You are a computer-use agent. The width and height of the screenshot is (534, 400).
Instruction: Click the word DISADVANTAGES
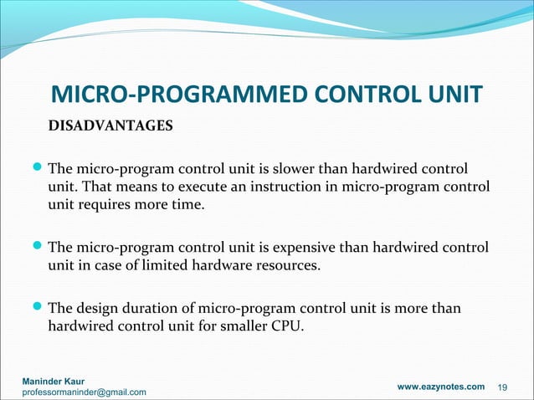click(x=110, y=126)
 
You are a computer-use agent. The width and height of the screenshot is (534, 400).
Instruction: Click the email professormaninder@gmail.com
click(x=84, y=392)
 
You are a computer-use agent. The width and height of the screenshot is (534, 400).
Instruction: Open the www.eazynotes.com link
click(x=440, y=386)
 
